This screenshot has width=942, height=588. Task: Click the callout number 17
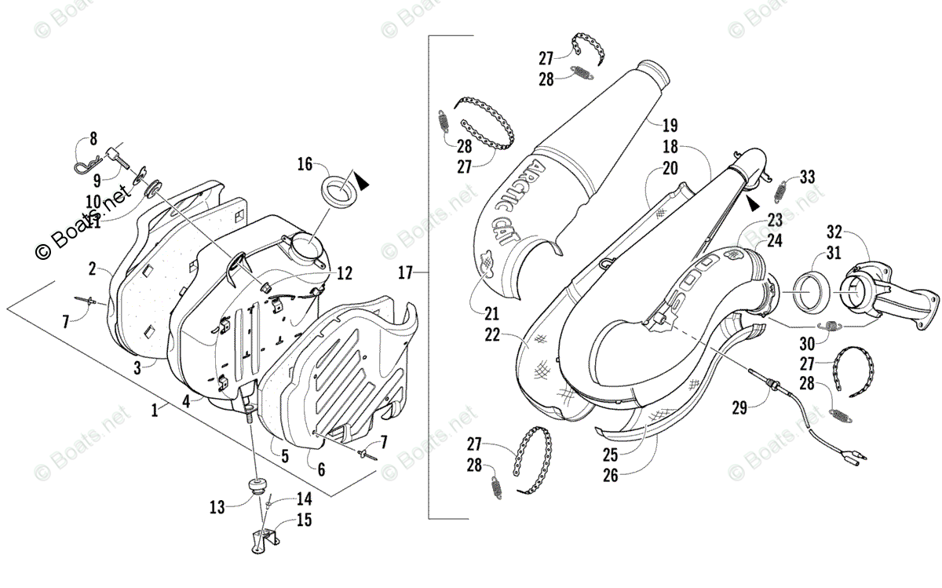(405, 273)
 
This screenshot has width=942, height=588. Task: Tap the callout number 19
(670, 125)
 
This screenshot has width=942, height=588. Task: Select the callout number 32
(834, 232)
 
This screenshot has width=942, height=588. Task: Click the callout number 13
(217, 507)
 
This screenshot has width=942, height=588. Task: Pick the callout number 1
(155, 409)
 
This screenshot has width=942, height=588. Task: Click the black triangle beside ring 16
(362, 183)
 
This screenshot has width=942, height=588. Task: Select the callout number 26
(611, 475)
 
